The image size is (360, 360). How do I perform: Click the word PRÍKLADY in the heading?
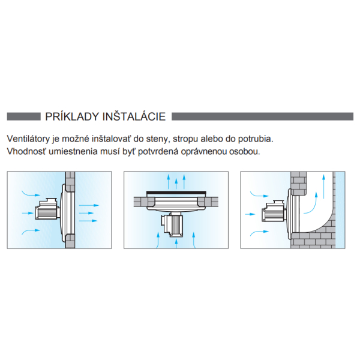point(72,116)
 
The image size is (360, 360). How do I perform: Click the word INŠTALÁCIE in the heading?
point(134,116)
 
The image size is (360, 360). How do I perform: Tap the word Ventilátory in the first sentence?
point(28,139)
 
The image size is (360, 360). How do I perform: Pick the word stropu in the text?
point(185,140)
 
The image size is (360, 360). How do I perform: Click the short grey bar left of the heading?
point(23,116)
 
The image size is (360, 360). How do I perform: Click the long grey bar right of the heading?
point(262,116)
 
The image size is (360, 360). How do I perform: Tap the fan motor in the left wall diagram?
point(47,209)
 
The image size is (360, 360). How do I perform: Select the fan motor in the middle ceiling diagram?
point(173,224)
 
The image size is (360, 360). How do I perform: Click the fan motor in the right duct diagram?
point(274,211)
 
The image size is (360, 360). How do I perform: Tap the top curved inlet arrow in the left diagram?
point(31,194)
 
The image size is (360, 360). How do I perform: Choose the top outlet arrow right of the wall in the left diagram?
point(89,205)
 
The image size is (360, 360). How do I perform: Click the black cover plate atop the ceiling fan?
point(176,192)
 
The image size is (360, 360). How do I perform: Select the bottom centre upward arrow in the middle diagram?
point(176,244)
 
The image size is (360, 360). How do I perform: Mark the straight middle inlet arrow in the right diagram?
point(250,214)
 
